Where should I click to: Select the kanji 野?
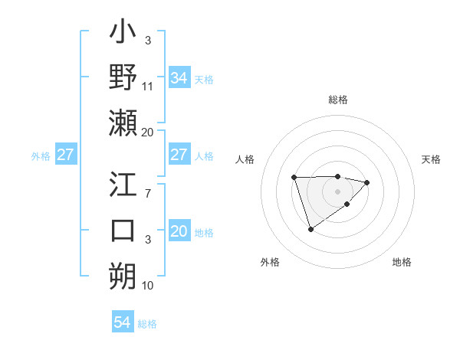[x=123, y=78]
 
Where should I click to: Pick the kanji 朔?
[x=123, y=277]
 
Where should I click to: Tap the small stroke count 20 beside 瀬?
[x=148, y=132]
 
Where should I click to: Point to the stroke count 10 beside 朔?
[x=148, y=286]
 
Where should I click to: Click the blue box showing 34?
[x=179, y=78]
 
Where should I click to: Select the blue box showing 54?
[x=123, y=323]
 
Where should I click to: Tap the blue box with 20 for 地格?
[x=179, y=231]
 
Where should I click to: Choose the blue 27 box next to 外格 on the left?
[x=65, y=155]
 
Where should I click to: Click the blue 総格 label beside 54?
[x=147, y=324]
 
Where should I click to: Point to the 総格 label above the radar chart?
[x=337, y=100]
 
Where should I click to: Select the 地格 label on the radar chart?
[x=402, y=262]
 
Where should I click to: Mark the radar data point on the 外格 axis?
[x=310, y=229]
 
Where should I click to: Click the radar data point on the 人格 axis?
[x=294, y=178]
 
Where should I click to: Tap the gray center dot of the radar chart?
[x=337, y=191]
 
